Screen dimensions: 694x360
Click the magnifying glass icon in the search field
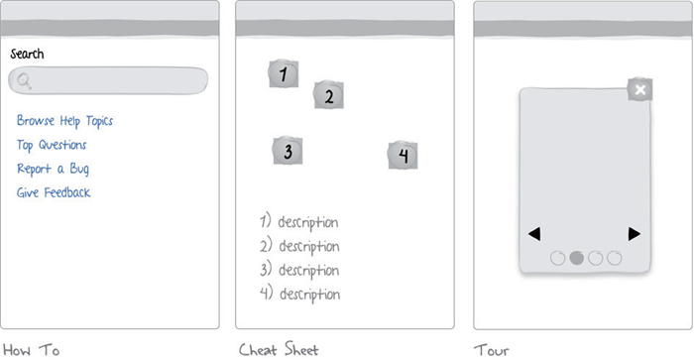24,81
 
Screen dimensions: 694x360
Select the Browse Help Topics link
64,121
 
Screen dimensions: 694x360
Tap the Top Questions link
52,145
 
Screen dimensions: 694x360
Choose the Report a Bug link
53,169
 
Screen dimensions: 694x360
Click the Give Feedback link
54,192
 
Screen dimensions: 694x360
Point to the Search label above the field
27,54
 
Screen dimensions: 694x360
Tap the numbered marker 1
284,73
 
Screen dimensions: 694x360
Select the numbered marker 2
328,95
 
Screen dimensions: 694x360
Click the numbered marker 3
288,151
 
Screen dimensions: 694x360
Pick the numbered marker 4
403,155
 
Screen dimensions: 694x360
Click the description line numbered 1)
298,222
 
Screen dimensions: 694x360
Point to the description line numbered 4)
299,294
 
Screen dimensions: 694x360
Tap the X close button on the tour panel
640,90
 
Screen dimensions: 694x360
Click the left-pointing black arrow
534,234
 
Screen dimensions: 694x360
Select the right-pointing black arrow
635,234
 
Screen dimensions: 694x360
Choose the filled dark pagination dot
576,258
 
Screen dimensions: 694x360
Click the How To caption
31,350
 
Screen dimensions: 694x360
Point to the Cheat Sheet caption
279,349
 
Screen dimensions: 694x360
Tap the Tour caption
492,351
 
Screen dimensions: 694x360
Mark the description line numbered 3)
299,270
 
